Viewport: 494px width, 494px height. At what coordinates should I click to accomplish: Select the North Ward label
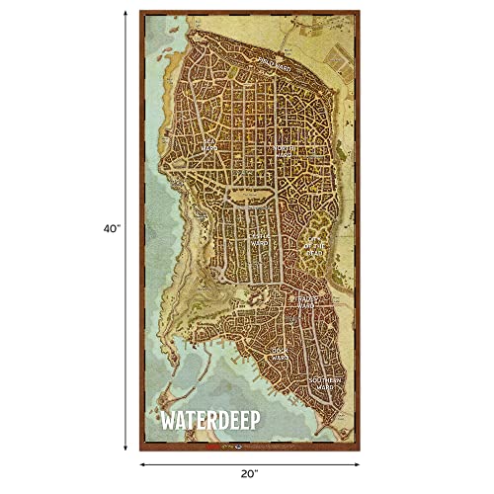[x=286, y=150]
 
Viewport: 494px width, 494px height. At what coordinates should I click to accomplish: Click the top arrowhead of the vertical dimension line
[x=124, y=14]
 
